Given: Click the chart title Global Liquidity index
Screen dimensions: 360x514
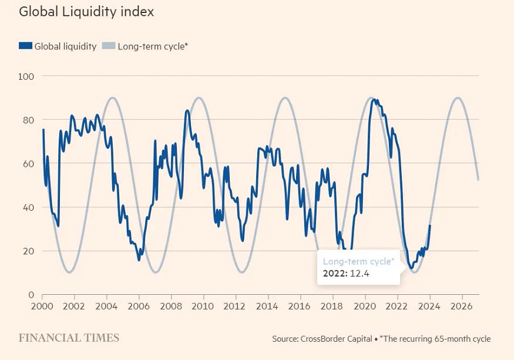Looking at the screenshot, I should tap(86, 12).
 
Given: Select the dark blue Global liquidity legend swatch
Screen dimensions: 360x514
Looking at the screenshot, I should tap(25, 46).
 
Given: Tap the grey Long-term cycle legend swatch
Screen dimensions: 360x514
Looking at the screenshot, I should tap(109, 46).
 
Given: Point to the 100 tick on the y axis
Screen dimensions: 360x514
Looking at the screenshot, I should tap(27, 76).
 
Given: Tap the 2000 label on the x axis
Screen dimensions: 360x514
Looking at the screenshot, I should tap(42, 306).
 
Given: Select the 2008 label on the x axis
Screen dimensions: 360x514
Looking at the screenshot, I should tap(171, 306).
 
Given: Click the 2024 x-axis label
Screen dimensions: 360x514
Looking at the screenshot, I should tap(430, 306).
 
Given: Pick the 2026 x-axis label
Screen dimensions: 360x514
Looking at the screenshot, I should tap(462, 306).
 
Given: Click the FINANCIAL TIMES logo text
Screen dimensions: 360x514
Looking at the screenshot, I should tap(69, 338).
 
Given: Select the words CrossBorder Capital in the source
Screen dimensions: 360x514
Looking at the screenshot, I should tap(336, 339).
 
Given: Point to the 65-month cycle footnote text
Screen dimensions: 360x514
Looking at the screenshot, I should tap(435, 339).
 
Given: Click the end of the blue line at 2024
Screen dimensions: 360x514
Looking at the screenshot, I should tap(430, 226).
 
